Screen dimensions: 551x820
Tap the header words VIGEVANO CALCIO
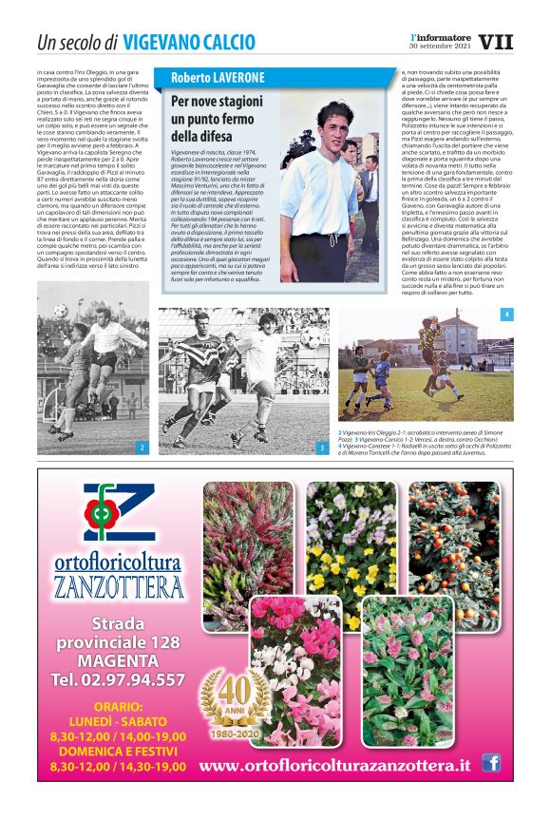(189, 42)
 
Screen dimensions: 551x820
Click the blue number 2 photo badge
(142, 446)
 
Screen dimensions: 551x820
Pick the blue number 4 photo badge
(506, 314)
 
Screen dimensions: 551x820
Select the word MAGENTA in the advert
(119, 660)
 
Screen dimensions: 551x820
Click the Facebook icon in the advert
(491, 762)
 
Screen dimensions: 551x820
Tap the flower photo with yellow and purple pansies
(350, 536)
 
